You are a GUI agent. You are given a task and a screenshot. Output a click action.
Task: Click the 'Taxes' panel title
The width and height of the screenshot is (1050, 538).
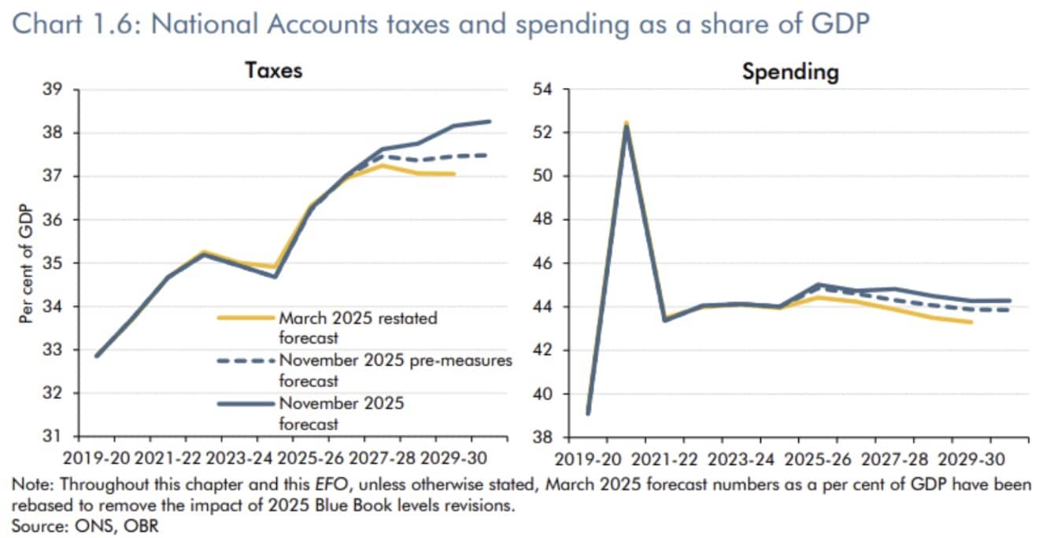click(x=274, y=70)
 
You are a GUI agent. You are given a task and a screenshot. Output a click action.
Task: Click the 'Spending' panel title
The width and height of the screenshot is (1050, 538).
click(x=790, y=72)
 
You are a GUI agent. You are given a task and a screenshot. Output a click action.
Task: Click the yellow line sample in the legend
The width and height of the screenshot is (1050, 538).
click(x=246, y=319)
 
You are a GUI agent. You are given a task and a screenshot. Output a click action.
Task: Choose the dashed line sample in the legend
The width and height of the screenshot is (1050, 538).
click(x=246, y=361)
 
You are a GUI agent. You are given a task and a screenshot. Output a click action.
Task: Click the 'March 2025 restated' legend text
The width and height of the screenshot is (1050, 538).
click(x=357, y=319)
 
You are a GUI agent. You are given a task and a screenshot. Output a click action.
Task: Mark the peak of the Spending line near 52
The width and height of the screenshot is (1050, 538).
click(x=627, y=125)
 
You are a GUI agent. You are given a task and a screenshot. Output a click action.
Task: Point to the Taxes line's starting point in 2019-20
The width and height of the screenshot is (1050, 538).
click(x=97, y=356)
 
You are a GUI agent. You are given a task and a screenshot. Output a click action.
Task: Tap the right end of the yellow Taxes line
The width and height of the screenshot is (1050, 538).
click(x=454, y=174)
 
